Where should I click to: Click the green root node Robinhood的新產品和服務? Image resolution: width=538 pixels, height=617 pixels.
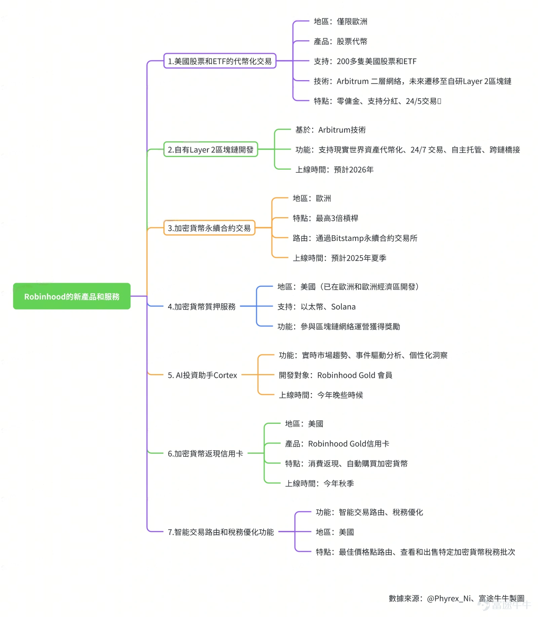pyautogui.click(x=72, y=296)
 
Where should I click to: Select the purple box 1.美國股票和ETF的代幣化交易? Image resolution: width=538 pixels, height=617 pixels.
pyautogui.click(x=220, y=61)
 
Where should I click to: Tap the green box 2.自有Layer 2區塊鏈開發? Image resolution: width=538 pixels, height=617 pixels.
pyautogui.click(x=210, y=149)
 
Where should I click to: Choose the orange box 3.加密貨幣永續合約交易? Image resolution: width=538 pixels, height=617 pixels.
pyautogui.click(x=209, y=228)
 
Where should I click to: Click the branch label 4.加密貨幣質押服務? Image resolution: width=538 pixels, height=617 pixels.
pyautogui.click(x=201, y=306)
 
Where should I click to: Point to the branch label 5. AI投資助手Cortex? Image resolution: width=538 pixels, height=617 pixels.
pyautogui.click(x=202, y=375)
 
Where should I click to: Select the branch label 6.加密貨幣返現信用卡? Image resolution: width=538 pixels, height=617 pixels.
pyautogui.click(x=205, y=453)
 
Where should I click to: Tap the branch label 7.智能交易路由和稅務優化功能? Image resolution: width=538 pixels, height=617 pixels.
pyautogui.click(x=221, y=532)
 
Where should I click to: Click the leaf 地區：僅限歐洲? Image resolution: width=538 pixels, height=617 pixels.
pyautogui.click(x=340, y=22)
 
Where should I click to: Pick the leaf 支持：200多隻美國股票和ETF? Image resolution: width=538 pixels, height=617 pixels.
pyautogui.click(x=365, y=61)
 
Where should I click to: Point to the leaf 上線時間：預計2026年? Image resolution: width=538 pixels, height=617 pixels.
pyautogui.click(x=334, y=169)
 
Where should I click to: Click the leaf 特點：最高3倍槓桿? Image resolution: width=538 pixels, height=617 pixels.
pyautogui.click(x=325, y=218)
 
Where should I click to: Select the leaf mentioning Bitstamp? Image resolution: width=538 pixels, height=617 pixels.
pyautogui.click(x=355, y=238)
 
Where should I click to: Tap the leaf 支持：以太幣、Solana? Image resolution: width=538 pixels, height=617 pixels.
pyautogui.click(x=316, y=306)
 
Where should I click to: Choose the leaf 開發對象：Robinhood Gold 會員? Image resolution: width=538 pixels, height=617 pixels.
pyautogui.click(x=335, y=375)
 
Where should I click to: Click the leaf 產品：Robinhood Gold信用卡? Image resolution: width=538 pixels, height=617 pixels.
pyautogui.click(x=337, y=444)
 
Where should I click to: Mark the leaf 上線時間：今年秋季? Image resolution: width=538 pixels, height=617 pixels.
pyautogui.click(x=319, y=483)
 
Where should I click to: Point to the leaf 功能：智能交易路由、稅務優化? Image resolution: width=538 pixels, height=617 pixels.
pyautogui.click(x=369, y=512)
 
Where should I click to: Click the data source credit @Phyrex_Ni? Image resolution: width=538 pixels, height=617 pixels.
pyautogui.click(x=449, y=598)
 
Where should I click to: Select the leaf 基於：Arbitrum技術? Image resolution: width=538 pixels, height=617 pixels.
pyautogui.click(x=330, y=130)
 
